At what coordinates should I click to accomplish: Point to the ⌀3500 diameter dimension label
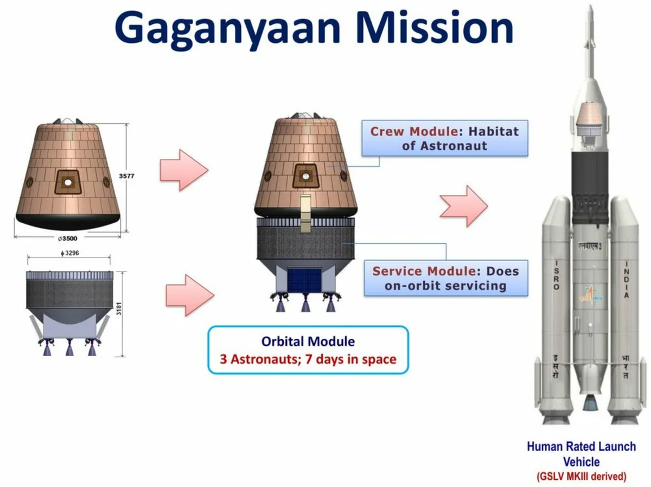[x=67, y=238]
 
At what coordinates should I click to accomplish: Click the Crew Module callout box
[x=444, y=138]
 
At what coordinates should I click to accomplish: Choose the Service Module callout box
[x=445, y=278]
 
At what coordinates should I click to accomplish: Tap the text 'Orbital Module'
[x=308, y=341]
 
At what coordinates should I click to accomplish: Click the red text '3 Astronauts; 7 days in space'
[x=308, y=359]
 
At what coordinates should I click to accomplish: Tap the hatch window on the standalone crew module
[x=68, y=182]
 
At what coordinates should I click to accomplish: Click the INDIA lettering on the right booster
[x=626, y=279]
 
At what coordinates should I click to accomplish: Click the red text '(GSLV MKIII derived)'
[x=581, y=477]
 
